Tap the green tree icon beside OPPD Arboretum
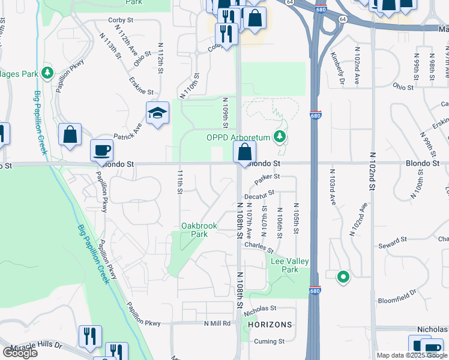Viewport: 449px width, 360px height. (x=279, y=138)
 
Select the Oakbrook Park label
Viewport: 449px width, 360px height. (x=195, y=230)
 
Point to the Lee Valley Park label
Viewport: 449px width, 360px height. (x=285, y=265)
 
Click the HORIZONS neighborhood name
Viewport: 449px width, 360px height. (x=270, y=325)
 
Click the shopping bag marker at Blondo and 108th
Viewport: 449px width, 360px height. (x=244, y=151)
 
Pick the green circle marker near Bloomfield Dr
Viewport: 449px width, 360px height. (x=343, y=277)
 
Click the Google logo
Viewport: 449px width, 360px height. (x=20, y=353)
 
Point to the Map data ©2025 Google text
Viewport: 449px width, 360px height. (x=411, y=355)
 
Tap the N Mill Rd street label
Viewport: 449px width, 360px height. (x=217, y=323)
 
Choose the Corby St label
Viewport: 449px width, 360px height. (x=120, y=20)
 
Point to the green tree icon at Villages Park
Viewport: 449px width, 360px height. (x=47, y=74)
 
